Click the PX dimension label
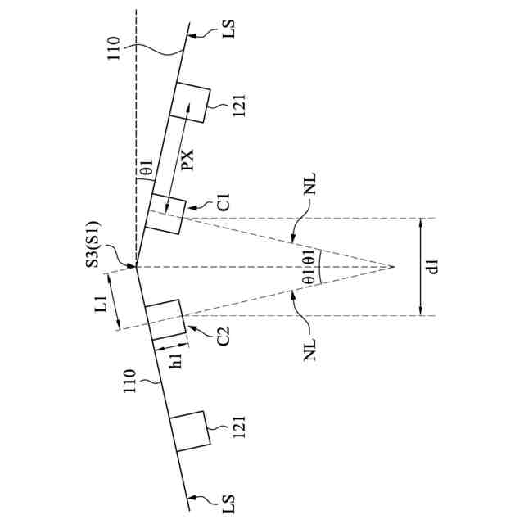[x=187, y=159]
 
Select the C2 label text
[x=224, y=336]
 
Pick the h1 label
[x=175, y=364]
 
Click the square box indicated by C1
[x=167, y=214]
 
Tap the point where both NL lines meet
[x=394, y=267]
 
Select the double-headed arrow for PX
[x=178, y=156]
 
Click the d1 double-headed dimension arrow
[x=419, y=266]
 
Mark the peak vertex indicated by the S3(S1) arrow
[x=137, y=267]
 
